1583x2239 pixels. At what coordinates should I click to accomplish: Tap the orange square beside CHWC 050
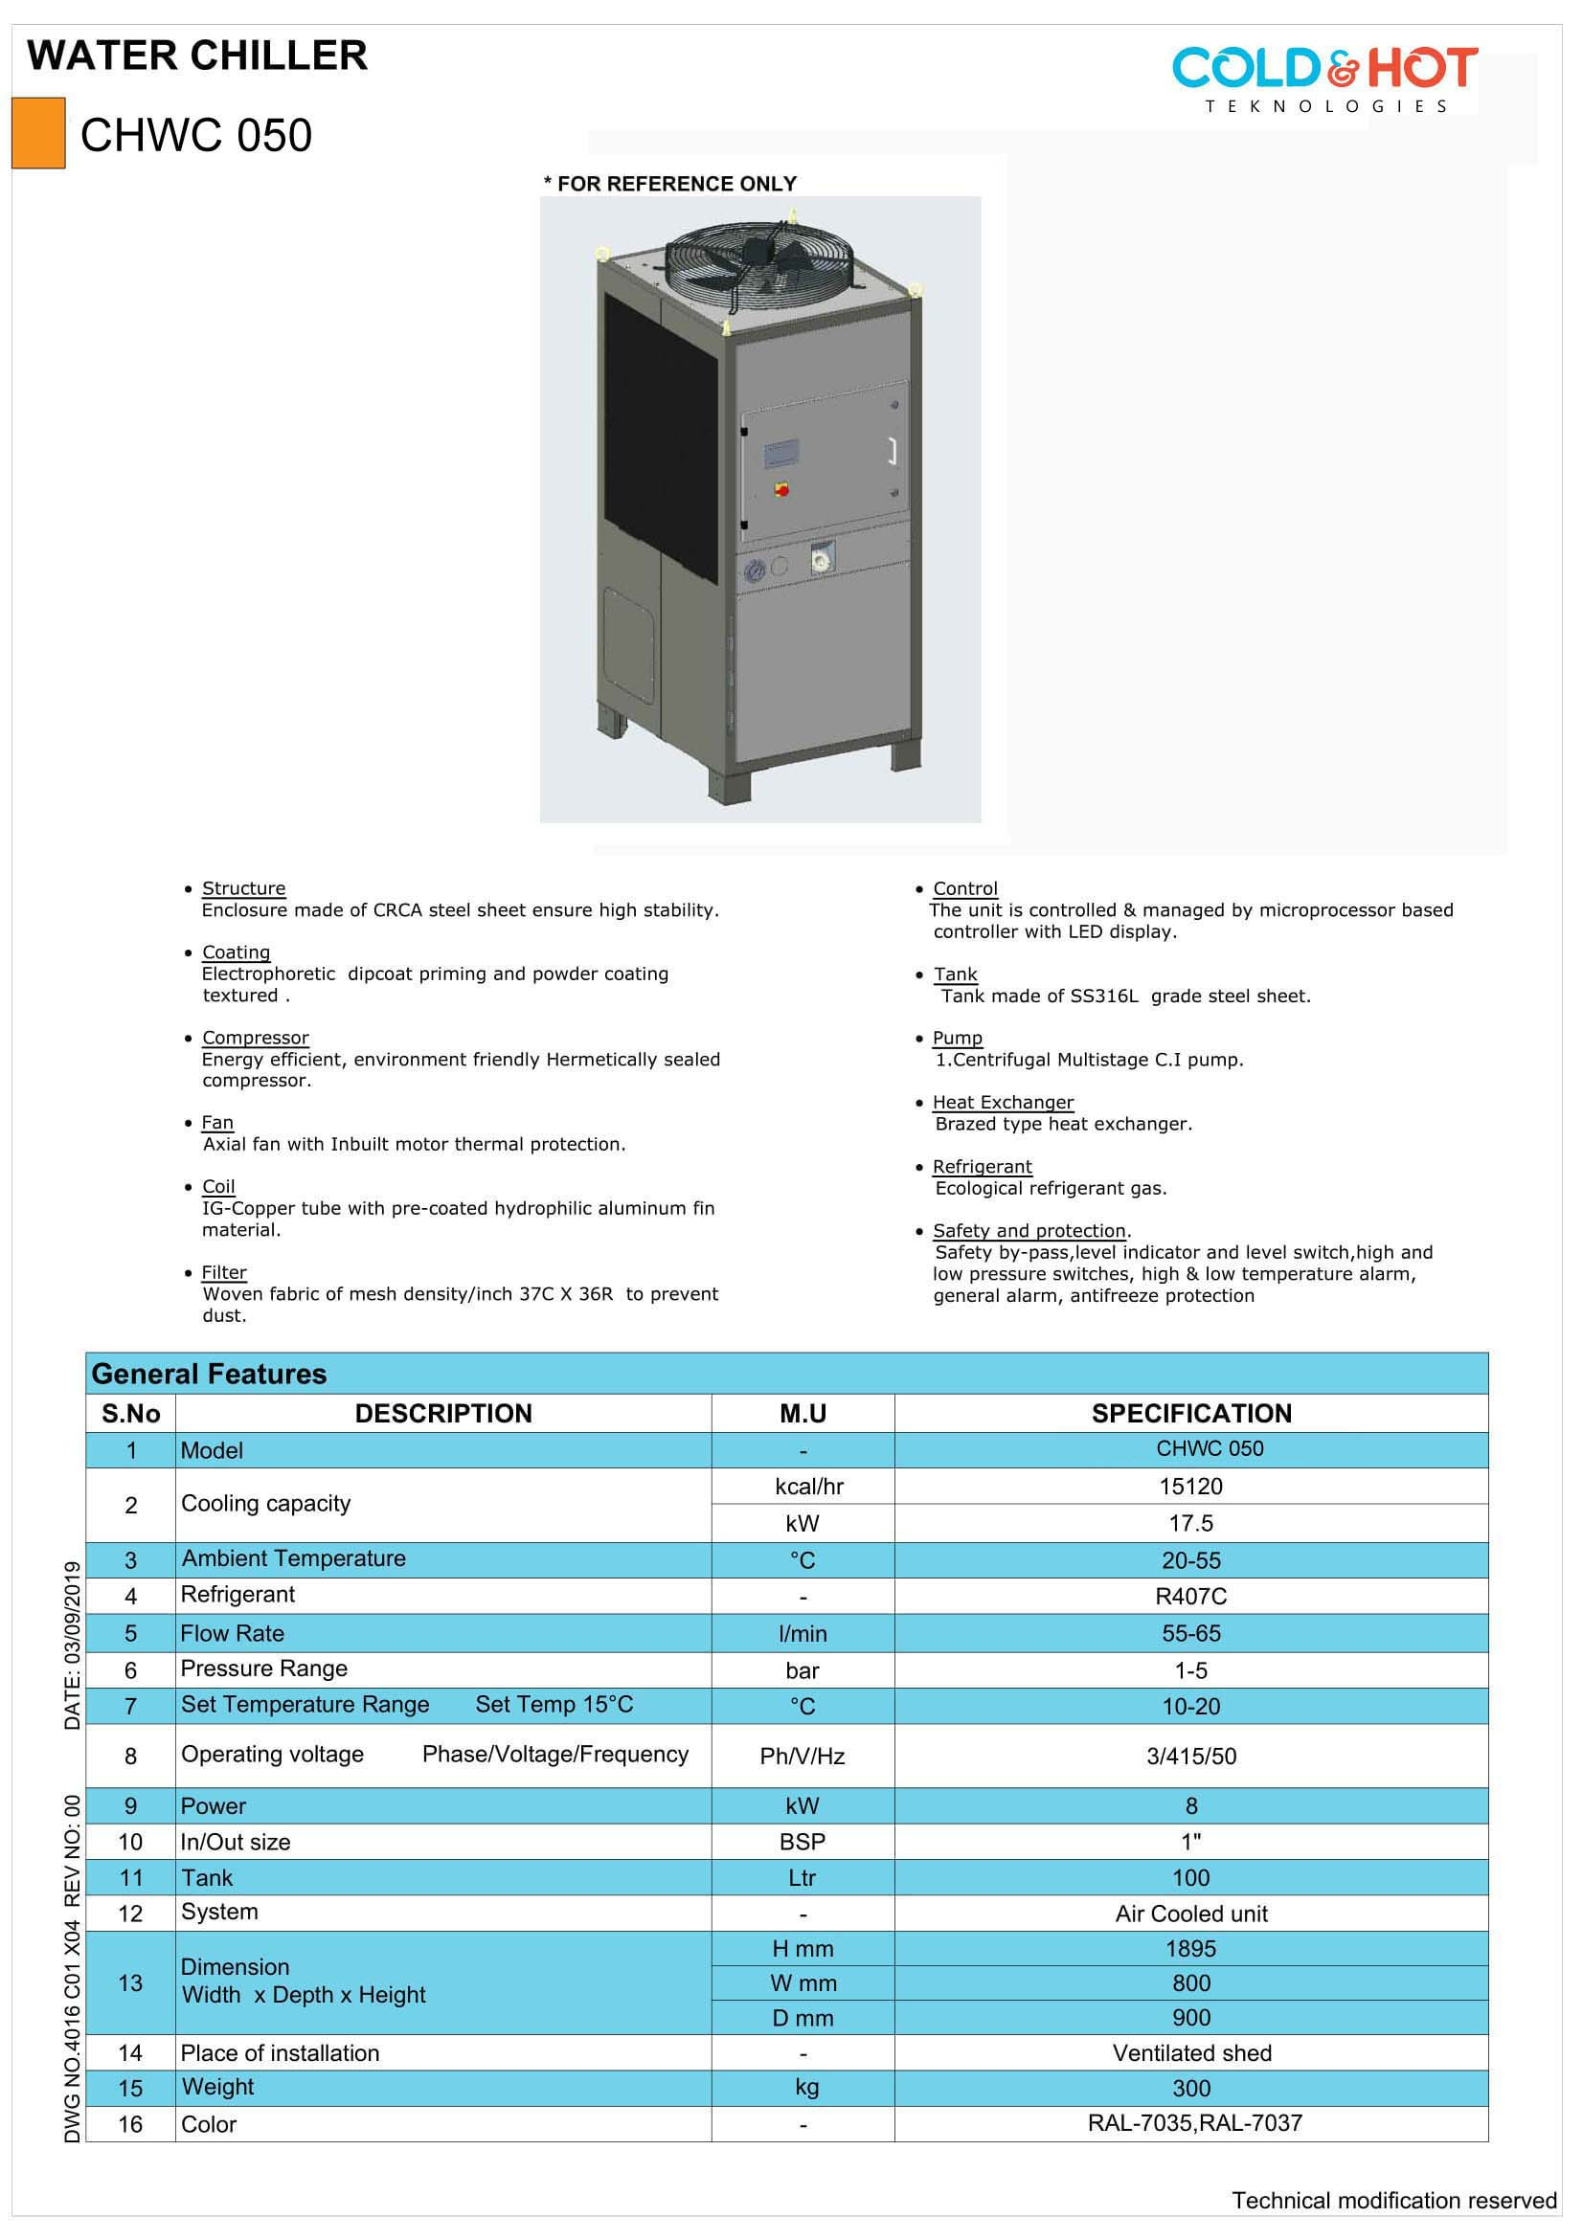click(x=38, y=134)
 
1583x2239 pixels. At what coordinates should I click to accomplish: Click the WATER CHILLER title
click(x=197, y=56)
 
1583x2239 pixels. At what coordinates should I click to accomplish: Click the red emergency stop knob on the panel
click(x=781, y=489)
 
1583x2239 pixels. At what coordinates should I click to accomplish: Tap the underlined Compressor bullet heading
click(x=256, y=1038)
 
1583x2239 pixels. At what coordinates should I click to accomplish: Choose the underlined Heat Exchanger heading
click(x=1003, y=1102)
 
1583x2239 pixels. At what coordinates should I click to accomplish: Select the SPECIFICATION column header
click(x=1191, y=1413)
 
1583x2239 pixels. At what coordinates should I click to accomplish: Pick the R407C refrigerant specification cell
click(x=1191, y=1597)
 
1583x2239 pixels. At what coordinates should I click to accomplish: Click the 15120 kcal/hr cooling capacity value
click(x=1191, y=1487)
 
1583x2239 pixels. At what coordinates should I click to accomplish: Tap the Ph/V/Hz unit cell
click(x=802, y=1757)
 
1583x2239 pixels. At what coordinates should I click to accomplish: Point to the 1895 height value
click(x=1191, y=1948)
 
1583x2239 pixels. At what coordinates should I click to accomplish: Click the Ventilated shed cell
click(x=1191, y=2052)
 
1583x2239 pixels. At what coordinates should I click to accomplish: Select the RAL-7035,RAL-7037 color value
click(x=1195, y=2123)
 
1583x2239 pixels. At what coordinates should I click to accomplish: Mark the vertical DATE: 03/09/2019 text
click(x=72, y=1646)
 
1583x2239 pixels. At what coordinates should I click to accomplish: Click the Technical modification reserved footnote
click(x=1393, y=2200)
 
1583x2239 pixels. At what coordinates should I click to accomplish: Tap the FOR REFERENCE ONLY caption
click(x=671, y=184)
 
